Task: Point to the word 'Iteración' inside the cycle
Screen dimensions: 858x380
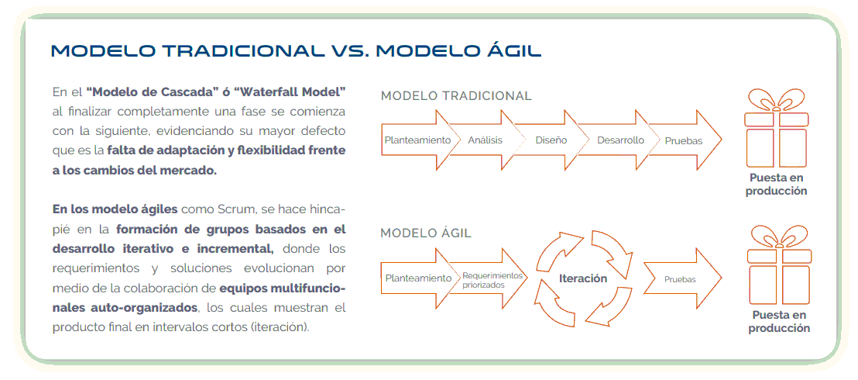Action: pyautogui.click(x=583, y=278)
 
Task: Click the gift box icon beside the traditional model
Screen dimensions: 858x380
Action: pyautogui.click(x=777, y=128)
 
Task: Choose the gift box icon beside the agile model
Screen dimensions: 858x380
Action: pyautogui.click(x=779, y=265)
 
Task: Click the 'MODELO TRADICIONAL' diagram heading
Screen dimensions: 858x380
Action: pyautogui.click(x=456, y=96)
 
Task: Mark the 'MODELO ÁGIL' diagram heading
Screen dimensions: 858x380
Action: pyautogui.click(x=426, y=233)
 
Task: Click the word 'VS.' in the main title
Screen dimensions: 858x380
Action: pyautogui.click(x=348, y=51)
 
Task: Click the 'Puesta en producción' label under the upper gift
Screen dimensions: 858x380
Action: pyautogui.click(x=777, y=185)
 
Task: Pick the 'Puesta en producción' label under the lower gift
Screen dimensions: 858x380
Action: pyautogui.click(x=779, y=322)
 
